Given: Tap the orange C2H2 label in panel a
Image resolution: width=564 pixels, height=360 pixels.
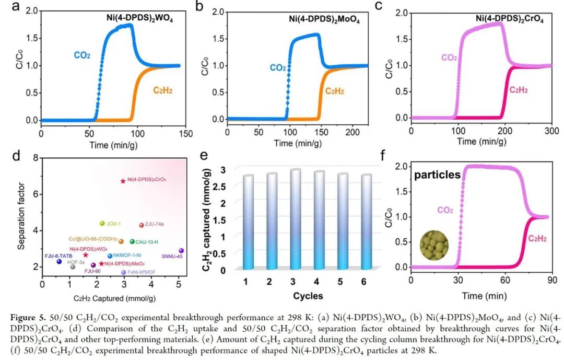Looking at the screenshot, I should click(162, 90).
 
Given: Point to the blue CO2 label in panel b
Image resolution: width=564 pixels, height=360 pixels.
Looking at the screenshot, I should click(277, 67).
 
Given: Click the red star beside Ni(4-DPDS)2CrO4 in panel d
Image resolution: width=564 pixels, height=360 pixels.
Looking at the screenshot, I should click(123, 181).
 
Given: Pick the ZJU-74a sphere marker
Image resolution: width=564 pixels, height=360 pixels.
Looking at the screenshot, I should click(141, 225).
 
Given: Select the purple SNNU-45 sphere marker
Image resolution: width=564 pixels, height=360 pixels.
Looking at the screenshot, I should click(181, 251).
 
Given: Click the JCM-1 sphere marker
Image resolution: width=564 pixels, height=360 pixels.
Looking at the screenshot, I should click(102, 224).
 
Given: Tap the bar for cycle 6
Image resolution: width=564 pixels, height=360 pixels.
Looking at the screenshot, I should click(367, 221).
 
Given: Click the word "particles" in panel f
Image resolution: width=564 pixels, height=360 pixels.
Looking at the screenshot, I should click(437, 176).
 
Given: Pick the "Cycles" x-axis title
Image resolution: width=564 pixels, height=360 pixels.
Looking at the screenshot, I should click(308, 296).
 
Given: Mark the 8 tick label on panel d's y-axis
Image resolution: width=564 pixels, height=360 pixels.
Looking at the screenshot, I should click(34, 158).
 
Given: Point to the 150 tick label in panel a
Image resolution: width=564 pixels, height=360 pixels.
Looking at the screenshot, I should click(180, 132).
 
